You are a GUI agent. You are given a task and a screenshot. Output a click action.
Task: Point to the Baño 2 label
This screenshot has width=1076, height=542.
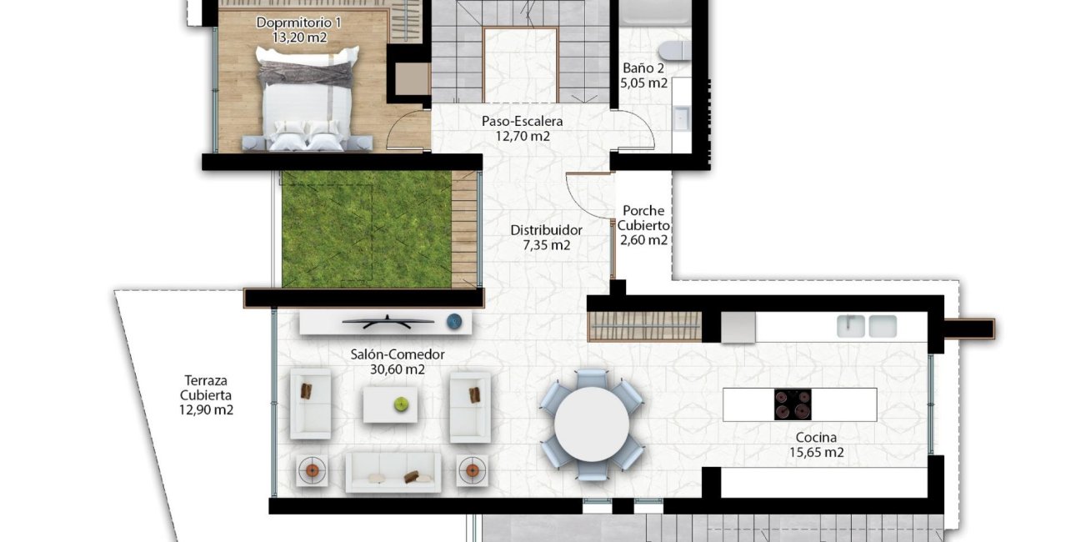[643, 68]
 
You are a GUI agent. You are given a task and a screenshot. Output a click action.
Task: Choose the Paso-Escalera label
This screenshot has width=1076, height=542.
[522, 122]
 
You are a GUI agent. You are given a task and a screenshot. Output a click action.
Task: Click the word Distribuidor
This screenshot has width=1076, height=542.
[546, 230]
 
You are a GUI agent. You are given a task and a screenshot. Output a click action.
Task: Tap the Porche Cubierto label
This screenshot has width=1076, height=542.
[643, 218]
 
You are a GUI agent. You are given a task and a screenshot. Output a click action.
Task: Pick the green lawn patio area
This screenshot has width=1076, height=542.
[367, 229]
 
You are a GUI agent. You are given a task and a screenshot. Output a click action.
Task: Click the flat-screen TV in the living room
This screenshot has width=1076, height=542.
[388, 320]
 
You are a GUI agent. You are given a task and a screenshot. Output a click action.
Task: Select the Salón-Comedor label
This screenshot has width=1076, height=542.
[398, 354]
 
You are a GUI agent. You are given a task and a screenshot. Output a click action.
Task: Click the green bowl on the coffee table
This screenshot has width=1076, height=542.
[402, 404]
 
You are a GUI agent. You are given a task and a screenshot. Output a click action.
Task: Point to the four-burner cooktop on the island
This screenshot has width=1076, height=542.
[793, 404]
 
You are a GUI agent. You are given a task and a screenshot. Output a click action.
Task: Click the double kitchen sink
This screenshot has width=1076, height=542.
[867, 326]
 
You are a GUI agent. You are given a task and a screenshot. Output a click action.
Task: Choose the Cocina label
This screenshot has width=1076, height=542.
[816, 438]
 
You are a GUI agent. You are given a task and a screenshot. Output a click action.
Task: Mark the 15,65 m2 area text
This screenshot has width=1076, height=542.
[816, 453]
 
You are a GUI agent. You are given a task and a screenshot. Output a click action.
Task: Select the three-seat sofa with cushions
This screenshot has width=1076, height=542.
[393, 473]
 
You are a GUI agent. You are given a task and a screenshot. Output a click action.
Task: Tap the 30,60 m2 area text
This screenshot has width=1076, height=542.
[398, 369]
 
